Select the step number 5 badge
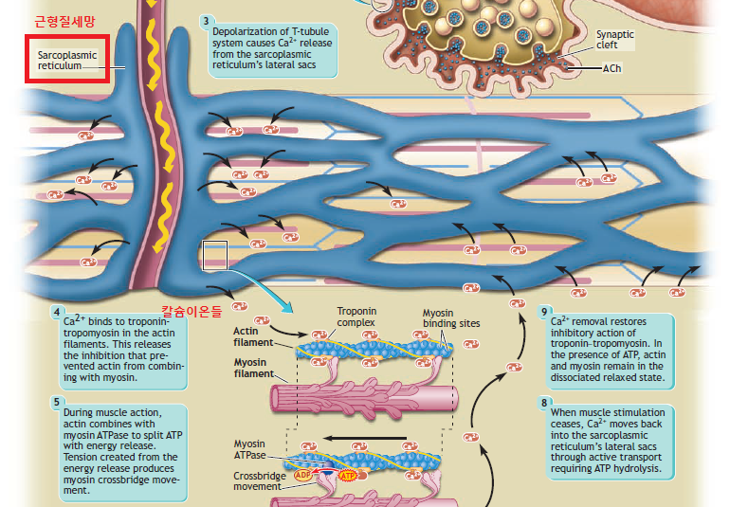[59, 400]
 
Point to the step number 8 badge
[544, 402]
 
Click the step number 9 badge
[544, 311]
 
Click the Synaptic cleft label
[614, 40]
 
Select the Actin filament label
[253, 336]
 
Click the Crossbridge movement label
[258, 480]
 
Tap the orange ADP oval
[304, 474]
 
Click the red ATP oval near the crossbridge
[347, 475]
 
